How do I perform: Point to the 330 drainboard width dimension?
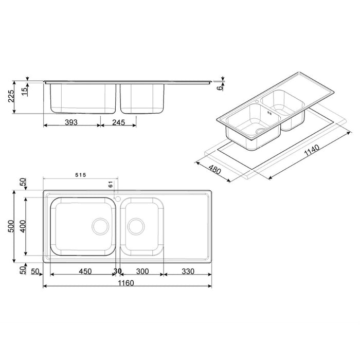(188, 271)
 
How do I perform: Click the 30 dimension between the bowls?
(118, 271)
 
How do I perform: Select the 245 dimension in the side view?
(119, 122)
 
